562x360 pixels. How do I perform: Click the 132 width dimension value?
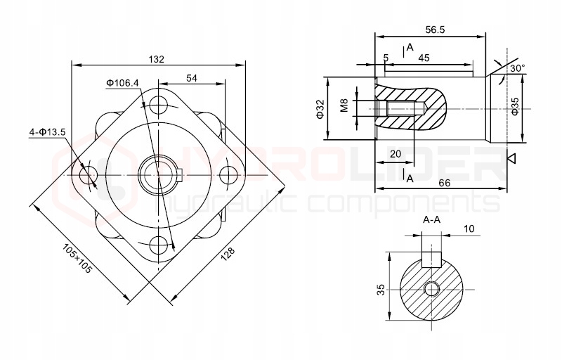point(157,60)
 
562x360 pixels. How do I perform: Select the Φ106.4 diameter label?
point(123,83)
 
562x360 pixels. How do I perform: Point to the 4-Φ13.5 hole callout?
point(47,131)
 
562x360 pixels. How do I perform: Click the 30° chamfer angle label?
point(517,68)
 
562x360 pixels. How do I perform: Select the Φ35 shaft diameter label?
point(515,106)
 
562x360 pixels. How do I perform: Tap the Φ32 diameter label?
point(320,108)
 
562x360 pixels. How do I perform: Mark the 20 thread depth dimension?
point(395,154)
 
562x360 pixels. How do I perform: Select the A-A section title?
point(431,219)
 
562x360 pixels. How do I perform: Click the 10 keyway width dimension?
point(469,229)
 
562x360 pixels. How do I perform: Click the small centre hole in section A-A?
point(431,288)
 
